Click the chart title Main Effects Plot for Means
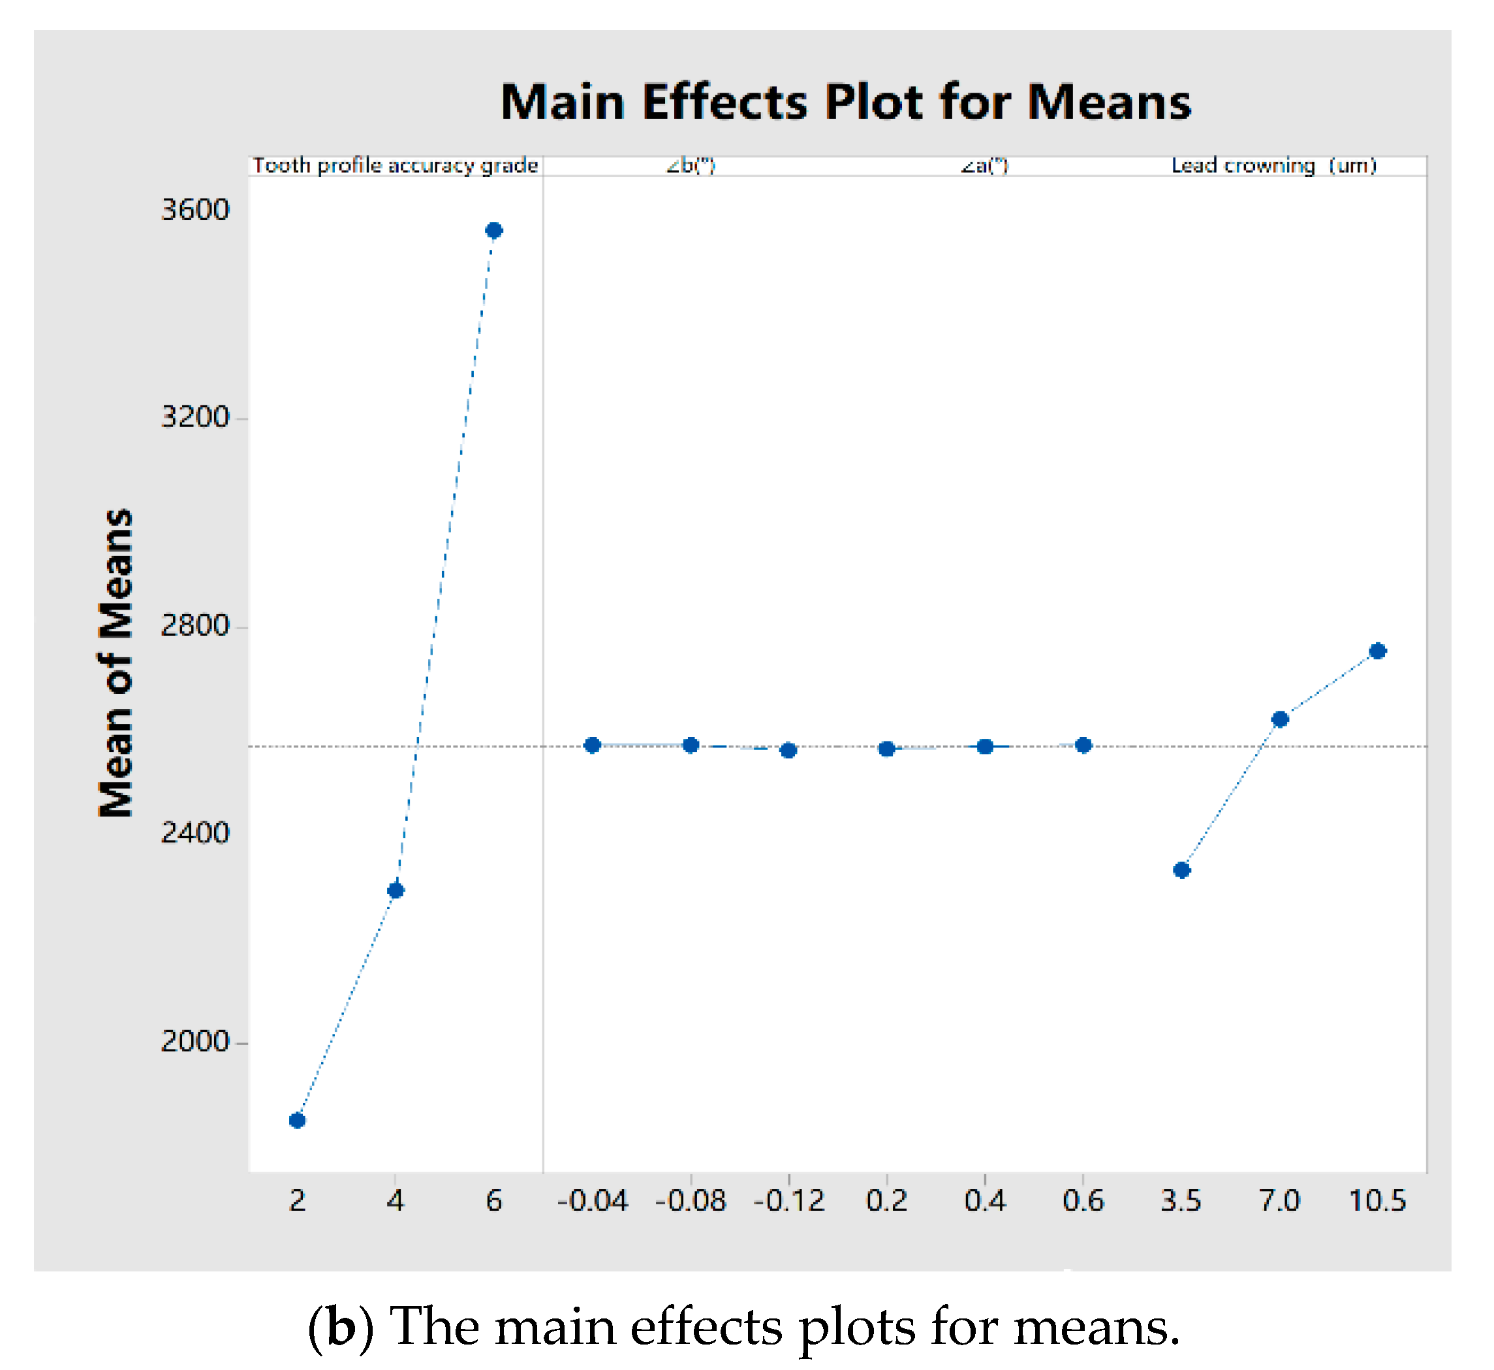846,102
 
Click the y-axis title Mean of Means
116,664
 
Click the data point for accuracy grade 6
495,230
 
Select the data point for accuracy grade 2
298,1121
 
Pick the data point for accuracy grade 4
396,890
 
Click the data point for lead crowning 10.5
1378,651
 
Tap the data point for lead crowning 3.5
1183,870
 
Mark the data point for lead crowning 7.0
1281,719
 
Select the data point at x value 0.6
1084,746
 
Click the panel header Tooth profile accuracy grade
395,165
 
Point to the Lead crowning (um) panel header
1274,165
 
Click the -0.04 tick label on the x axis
593,1200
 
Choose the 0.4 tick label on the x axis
986,1200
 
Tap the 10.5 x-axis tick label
1378,1200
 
